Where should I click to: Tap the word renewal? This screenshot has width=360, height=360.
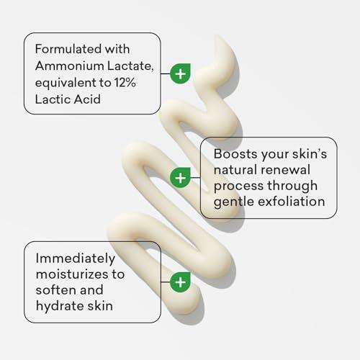(287, 171)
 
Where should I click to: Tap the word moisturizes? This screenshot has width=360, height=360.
(75, 274)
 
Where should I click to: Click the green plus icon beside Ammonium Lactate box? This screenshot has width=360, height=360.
(180, 73)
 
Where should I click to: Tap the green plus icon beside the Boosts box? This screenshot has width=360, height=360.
(180, 177)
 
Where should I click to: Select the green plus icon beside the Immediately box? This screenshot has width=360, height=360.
(180, 282)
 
